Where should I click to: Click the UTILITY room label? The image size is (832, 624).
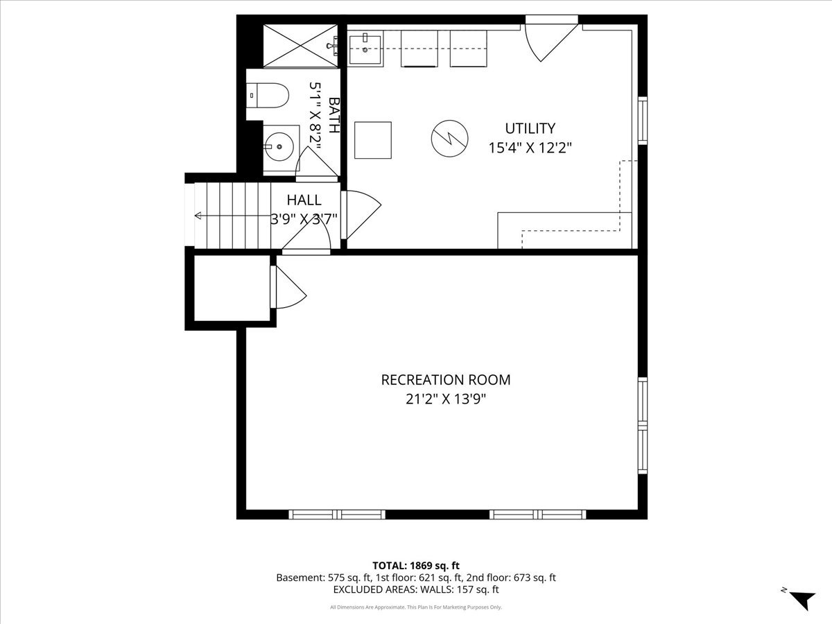pos(530,128)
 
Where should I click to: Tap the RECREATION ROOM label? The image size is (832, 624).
pos(446,380)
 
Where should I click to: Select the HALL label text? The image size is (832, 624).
pos(304,200)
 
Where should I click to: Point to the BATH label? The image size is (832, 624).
pos(334,115)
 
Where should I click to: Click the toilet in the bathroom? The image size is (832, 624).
pos(268,96)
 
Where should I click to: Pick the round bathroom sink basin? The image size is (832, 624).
pos(279,146)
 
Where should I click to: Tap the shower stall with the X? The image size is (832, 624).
pos(300,46)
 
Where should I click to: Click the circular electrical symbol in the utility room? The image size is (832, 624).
pos(449,139)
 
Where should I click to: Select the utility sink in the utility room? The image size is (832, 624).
pos(365,49)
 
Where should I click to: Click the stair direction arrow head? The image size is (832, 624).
pos(198,216)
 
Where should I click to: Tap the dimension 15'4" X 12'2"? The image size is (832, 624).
pos(530,148)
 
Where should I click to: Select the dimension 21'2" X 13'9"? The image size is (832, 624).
pos(446,399)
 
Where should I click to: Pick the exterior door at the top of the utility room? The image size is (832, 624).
pos(551,40)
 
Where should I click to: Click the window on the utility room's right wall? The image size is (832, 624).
pos(643,121)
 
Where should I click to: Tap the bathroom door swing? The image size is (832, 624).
pos(316,164)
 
